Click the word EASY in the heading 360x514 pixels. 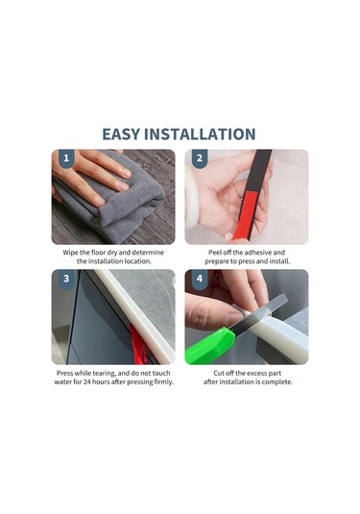coord(127,135)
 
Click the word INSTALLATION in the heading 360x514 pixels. coord(204,135)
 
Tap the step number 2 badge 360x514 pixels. coord(200,159)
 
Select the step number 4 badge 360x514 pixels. coord(200,280)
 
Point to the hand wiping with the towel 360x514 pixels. coord(96,173)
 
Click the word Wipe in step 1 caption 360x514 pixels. coord(73,251)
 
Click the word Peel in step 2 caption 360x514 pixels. coord(218,251)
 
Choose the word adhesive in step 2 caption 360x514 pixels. coord(263,251)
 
